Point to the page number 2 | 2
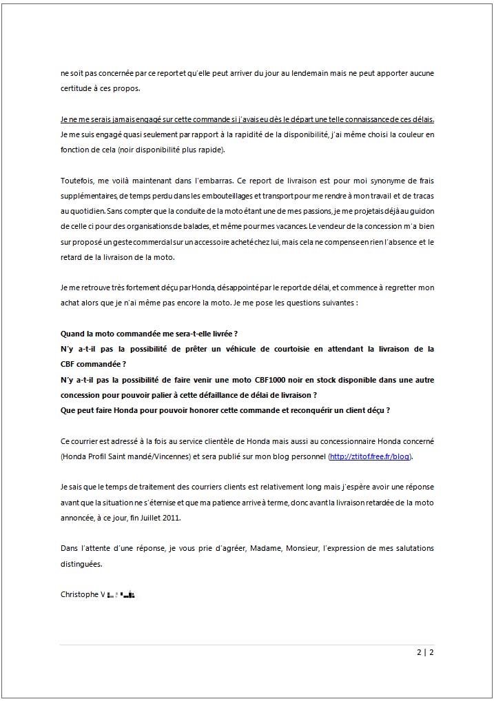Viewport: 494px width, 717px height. [425, 652]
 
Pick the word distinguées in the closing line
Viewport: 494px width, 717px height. [81, 563]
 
